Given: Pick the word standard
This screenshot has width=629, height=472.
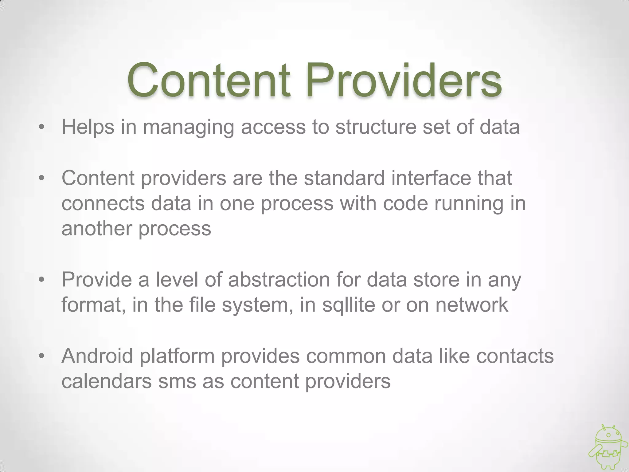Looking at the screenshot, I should click(x=344, y=178).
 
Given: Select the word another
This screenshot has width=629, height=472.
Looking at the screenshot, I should click(x=97, y=229).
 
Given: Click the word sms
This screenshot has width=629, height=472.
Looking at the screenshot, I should click(x=177, y=381).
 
